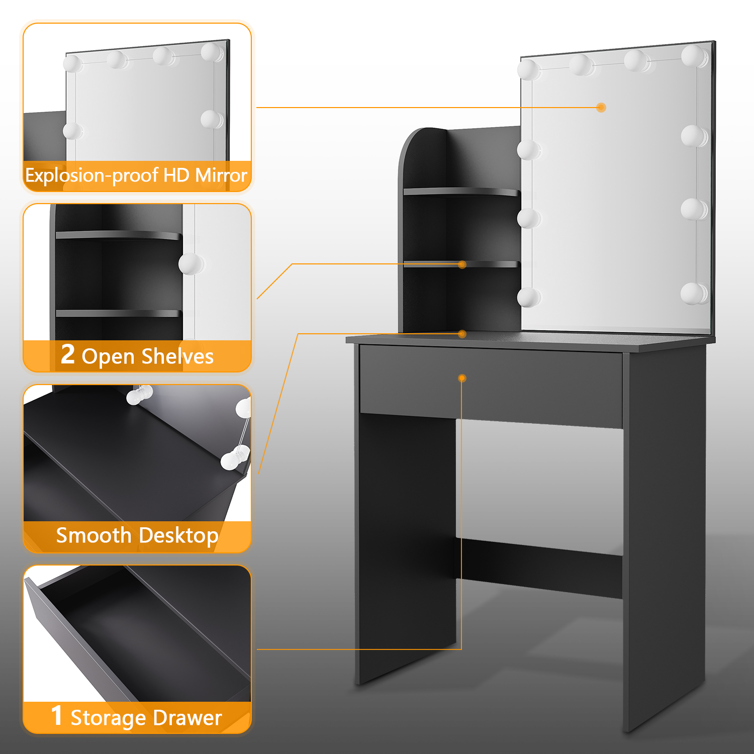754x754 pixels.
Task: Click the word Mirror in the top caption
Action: tap(221, 175)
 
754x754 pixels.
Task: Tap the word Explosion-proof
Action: tap(92, 176)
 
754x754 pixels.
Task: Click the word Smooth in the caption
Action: tap(93, 535)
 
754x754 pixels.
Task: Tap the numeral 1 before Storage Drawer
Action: tap(57, 716)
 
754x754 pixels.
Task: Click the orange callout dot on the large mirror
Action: tap(601, 107)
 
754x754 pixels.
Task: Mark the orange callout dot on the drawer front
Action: tap(462, 378)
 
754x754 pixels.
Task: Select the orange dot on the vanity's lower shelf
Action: tap(462, 264)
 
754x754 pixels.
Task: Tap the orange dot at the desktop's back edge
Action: tap(462, 334)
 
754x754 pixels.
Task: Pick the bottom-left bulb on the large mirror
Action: tap(528, 297)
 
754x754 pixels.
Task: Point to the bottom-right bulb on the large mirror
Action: tap(694, 293)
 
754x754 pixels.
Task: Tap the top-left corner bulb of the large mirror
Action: tap(529, 69)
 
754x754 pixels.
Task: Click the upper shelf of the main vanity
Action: tap(461, 192)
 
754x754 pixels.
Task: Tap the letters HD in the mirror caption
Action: tap(177, 175)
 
